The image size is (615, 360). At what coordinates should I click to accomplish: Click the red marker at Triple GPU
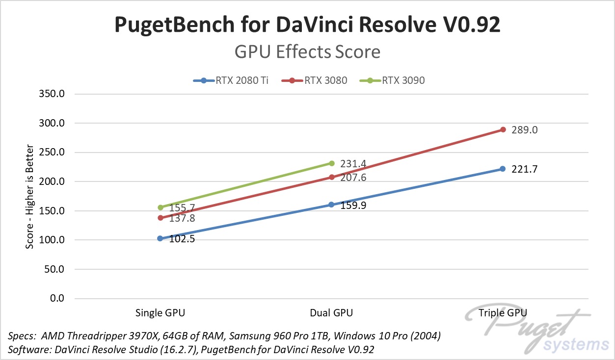coord(503,129)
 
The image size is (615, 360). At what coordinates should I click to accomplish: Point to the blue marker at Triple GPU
coord(503,169)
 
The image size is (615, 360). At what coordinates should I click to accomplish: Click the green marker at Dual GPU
coord(332,163)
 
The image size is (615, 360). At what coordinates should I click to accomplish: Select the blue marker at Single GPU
coord(160,238)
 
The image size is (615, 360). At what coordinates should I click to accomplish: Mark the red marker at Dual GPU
coord(332,177)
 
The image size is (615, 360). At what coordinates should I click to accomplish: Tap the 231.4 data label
coord(353,164)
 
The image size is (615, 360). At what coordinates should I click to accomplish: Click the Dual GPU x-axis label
coord(331,313)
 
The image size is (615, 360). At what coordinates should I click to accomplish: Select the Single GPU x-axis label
coord(160,313)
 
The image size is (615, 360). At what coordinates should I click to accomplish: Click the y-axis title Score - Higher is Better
coord(30,196)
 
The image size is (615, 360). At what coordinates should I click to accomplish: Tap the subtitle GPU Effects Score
coord(307,51)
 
